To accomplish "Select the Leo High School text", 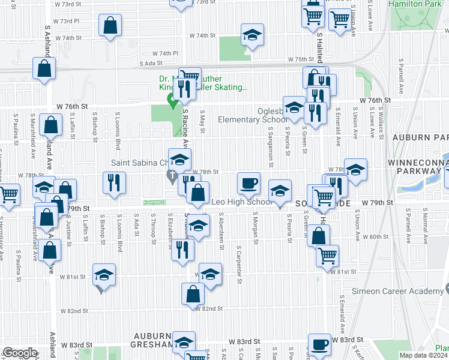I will point(241,202).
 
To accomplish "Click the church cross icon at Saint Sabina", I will point(171,176).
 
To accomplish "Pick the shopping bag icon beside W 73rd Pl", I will point(110,25).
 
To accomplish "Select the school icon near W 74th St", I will point(253,35).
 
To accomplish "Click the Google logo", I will point(20,353).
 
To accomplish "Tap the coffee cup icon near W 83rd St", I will point(319,344).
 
